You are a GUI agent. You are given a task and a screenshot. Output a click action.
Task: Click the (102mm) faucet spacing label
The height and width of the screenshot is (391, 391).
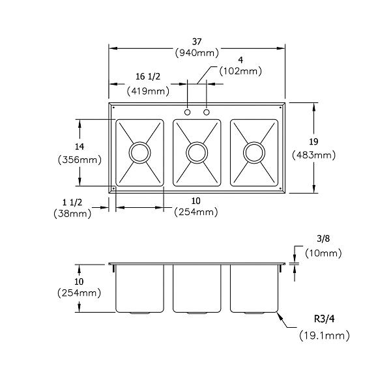pyautogui.click(x=240, y=72)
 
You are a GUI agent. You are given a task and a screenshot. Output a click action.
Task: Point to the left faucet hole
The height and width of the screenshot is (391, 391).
pyautogui.click(x=188, y=113)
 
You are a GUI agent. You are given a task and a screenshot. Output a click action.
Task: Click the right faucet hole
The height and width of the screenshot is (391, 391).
pyautogui.click(x=207, y=113)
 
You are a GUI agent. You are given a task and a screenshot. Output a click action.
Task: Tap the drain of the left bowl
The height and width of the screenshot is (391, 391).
pyautogui.click(x=139, y=152)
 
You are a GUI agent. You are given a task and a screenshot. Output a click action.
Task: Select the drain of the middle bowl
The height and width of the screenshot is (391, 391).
pyautogui.click(x=196, y=152)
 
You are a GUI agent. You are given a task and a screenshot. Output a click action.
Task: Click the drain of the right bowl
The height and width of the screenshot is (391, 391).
pyautogui.click(x=253, y=152)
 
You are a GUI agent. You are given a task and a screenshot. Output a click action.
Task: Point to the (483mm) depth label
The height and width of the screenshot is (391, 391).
pyautogui.click(x=314, y=155)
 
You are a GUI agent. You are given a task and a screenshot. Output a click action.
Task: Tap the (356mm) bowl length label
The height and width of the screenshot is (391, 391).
pyautogui.click(x=79, y=159)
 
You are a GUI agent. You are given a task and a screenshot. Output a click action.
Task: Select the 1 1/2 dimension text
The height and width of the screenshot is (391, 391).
pyautogui.click(x=78, y=201)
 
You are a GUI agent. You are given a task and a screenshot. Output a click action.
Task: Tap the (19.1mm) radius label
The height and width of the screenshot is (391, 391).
pyautogui.click(x=324, y=336)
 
